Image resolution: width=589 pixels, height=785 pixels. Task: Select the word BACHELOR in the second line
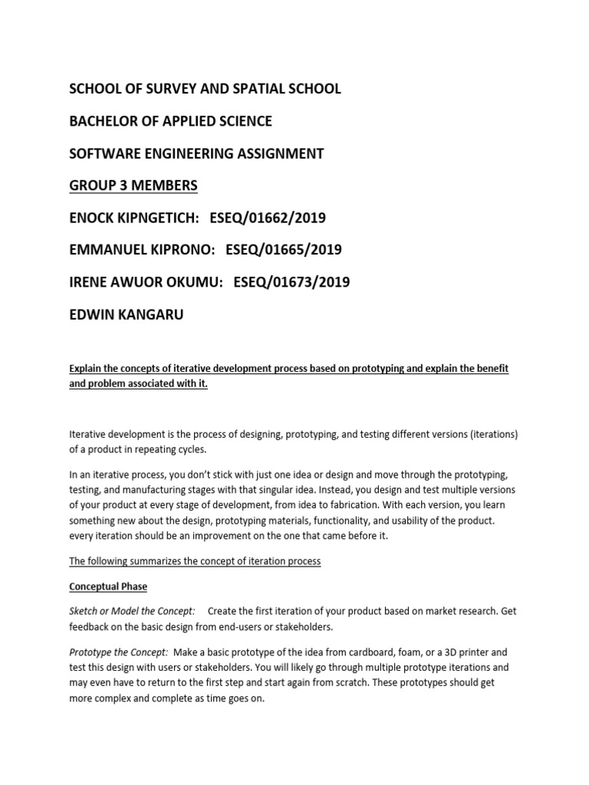(x=103, y=121)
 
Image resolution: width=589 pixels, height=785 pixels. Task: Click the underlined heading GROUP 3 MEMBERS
(x=133, y=186)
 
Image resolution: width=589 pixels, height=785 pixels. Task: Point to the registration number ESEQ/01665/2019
(x=284, y=250)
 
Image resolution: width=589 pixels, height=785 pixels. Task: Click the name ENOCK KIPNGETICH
(x=134, y=218)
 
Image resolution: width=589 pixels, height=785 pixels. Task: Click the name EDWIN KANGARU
(x=127, y=314)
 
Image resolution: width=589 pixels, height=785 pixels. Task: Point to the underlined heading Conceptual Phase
(x=108, y=586)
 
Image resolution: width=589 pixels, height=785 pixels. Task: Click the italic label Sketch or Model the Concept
(x=132, y=611)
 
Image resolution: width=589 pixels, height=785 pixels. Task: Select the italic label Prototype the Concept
(x=119, y=652)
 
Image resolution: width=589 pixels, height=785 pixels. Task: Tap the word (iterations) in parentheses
(x=493, y=435)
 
